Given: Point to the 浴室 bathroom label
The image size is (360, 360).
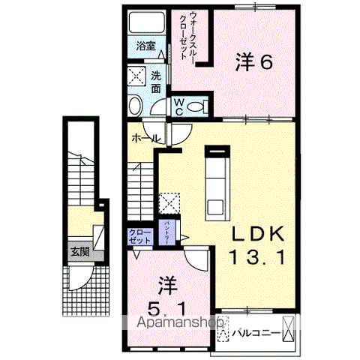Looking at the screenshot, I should (x=145, y=46).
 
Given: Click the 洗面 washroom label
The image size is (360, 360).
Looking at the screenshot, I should (x=155, y=81).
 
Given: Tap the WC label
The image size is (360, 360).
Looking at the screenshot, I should (x=180, y=106).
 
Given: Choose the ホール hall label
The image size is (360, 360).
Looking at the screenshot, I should (x=145, y=138).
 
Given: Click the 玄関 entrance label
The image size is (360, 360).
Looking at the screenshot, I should (x=79, y=252).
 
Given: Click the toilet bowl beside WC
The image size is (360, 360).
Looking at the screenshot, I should (x=198, y=106).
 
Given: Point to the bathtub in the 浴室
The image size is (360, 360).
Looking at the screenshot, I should (x=145, y=22).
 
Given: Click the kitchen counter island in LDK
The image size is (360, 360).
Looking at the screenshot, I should (x=217, y=184).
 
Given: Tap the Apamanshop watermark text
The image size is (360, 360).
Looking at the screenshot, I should (x=180, y=323).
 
